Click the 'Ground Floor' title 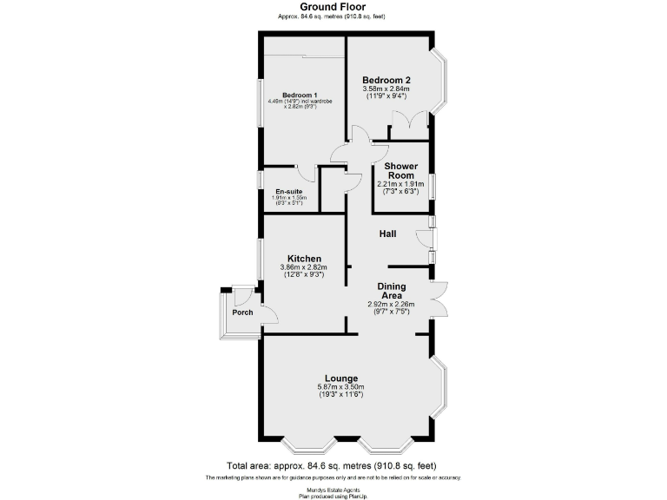pos(333,7)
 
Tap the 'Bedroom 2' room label pos(386,80)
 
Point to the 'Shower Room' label pos(400,170)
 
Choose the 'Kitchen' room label pos(305,259)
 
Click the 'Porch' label pos(242,312)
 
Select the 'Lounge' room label pos(342,378)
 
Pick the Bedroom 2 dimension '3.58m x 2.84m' pos(386,89)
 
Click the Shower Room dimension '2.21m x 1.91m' pos(400,184)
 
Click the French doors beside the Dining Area pos(439,300)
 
